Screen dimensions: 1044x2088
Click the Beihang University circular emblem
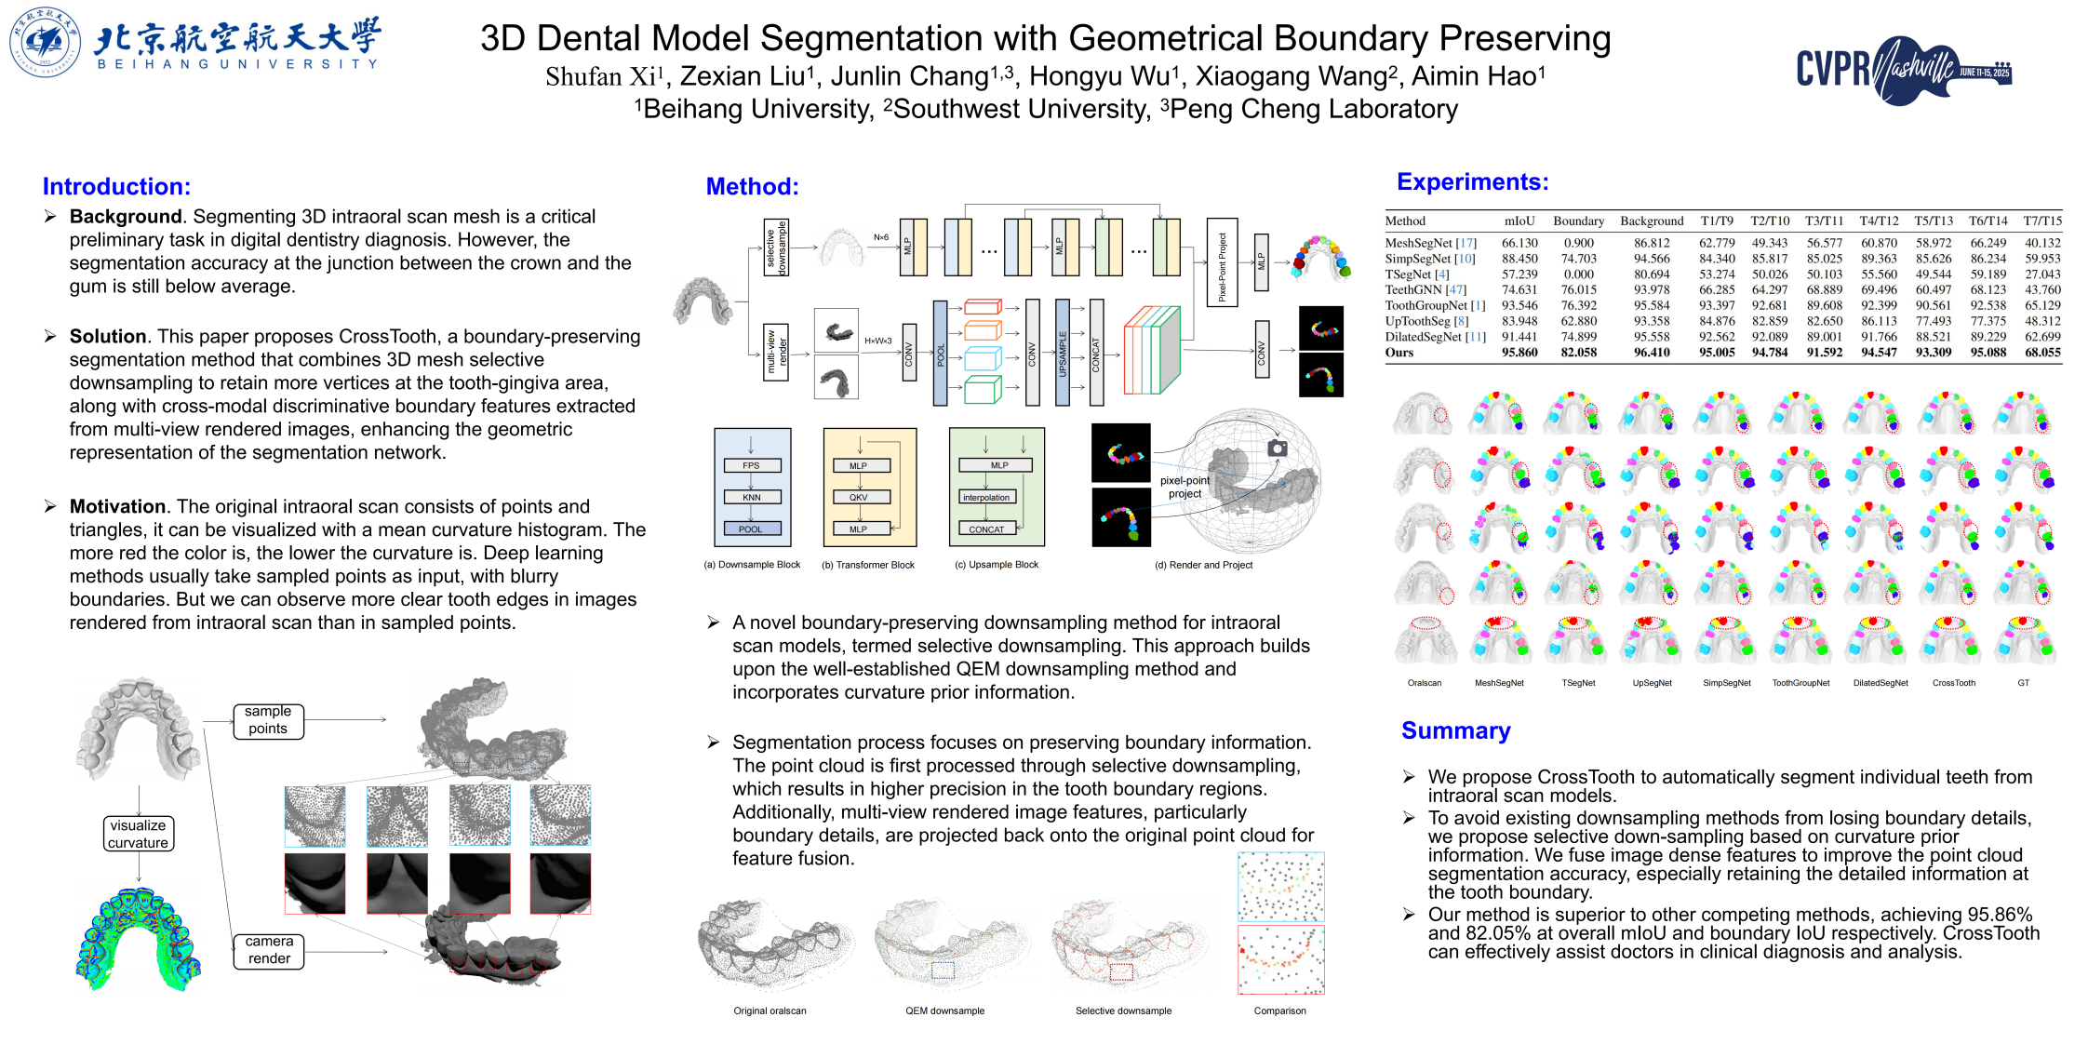point(45,42)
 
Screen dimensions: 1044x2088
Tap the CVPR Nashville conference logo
point(1903,70)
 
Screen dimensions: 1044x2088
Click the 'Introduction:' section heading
point(116,186)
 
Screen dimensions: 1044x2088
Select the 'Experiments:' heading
point(1472,181)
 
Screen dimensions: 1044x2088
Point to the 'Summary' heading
point(1455,730)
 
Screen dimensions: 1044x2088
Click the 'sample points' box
point(268,720)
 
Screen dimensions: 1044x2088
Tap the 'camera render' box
point(269,950)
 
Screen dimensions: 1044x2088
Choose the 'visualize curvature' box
point(138,834)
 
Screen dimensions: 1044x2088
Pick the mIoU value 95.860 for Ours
point(1519,353)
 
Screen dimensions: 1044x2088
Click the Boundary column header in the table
point(1578,221)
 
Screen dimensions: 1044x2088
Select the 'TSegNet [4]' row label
point(1416,274)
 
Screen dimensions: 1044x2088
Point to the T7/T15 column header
point(2042,221)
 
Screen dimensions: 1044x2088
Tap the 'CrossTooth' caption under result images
point(1953,683)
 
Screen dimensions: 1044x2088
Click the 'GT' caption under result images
point(2023,683)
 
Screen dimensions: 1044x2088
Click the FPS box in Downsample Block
point(751,465)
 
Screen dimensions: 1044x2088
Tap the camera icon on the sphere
point(1278,448)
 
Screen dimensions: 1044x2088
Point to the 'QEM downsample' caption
point(944,1011)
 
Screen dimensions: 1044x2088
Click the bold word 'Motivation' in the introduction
point(117,506)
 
